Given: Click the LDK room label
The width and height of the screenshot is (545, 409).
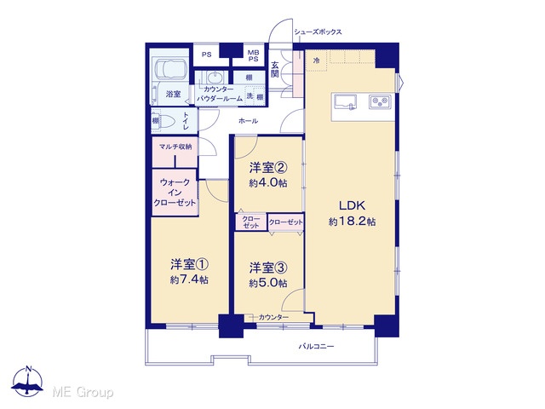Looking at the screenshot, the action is [x=352, y=205].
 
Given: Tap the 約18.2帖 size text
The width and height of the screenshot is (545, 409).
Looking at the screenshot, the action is [x=352, y=222].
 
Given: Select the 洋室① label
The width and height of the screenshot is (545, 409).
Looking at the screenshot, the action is [x=189, y=265].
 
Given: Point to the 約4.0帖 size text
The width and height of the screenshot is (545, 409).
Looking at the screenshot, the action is [x=268, y=183].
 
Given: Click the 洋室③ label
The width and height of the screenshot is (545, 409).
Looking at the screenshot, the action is [x=268, y=268].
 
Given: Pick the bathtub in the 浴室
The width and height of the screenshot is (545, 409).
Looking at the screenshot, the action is [x=170, y=70].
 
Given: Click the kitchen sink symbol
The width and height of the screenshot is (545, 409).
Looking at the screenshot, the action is [x=346, y=102].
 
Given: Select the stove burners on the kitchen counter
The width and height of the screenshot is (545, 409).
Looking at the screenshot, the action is [x=381, y=102].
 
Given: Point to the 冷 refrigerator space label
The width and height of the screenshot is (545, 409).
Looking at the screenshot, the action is [x=316, y=60].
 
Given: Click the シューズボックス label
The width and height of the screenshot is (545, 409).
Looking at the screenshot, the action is [x=318, y=32].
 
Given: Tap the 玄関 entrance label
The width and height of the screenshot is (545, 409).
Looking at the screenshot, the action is [x=275, y=70].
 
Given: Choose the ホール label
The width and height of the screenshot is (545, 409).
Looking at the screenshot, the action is [x=248, y=121].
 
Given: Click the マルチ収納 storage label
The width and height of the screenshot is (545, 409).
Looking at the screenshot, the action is [x=175, y=147].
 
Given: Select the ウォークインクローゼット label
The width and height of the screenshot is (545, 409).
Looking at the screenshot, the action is [x=175, y=193].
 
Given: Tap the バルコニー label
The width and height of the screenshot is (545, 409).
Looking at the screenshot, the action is [x=316, y=347].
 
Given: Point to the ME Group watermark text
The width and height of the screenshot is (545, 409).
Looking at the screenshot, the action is [x=83, y=393].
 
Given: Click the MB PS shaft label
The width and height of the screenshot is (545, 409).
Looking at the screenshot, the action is [x=254, y=56].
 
